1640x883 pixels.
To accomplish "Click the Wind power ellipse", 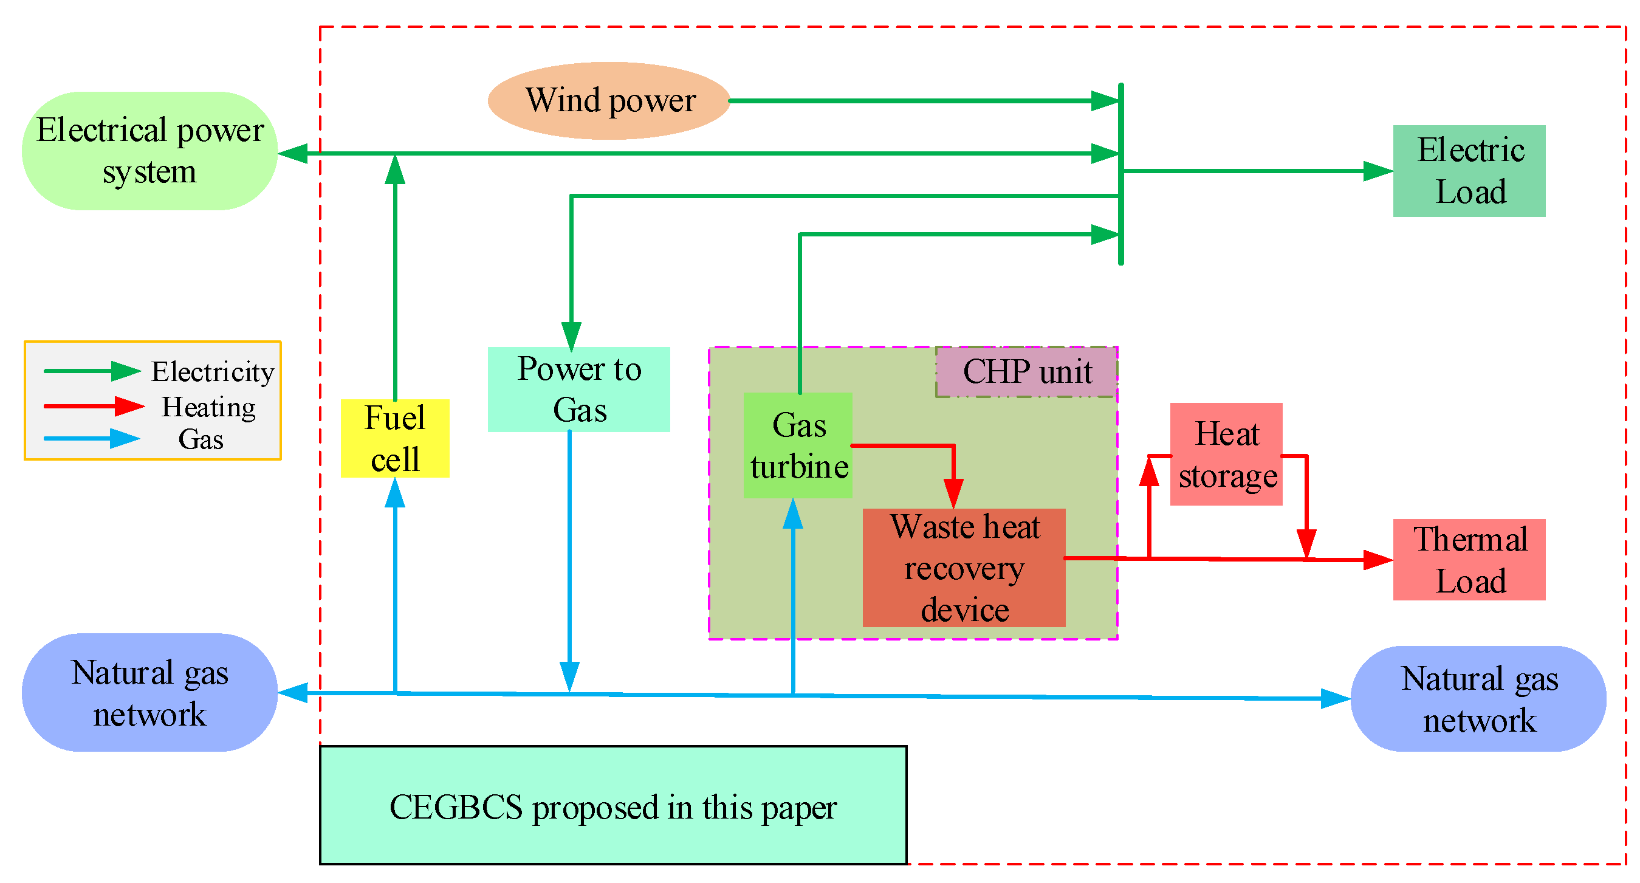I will click(x=609, y=101).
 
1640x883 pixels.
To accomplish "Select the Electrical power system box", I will click(x=149, y=151).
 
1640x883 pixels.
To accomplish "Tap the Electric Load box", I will click(x=1469, y=171).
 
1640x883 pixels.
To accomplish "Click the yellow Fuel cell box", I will click(x=395, y=438).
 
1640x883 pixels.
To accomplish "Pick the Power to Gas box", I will click(x=578, y=389).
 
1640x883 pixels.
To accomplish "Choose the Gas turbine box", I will click(x=798, y=445).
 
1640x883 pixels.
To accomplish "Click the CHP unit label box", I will click(x=1026, y=372).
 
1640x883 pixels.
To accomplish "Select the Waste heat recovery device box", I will click(x=963, y=567).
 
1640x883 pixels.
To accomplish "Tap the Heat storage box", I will click(x=1226, y=454).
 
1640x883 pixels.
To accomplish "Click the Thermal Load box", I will click(x=1469, y=559).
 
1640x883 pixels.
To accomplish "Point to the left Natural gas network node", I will click(x=149, y=692).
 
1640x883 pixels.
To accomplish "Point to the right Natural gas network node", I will click(x=1478, y=698).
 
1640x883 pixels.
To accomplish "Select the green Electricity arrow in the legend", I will click(x=92, y=371).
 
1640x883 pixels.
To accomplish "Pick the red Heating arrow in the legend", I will click(x=94, y=405).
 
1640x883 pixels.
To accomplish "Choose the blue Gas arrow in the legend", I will click(x=92, y=439).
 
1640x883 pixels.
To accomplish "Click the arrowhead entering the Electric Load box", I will click(x=1377, y=171).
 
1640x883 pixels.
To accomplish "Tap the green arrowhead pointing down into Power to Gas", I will click(x=571, y=335).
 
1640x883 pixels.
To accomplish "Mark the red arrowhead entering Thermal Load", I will click(x=1377, y=560).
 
